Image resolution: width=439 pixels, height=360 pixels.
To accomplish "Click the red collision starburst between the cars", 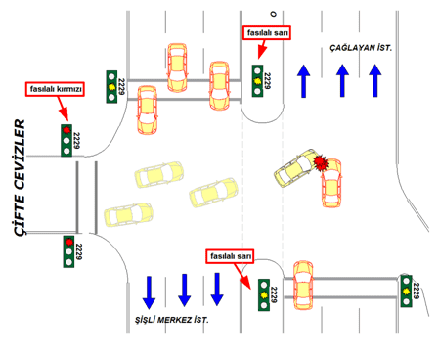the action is click(x=321, y=162).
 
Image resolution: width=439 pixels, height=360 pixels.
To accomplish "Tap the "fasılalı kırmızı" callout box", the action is click(x=55, y=89).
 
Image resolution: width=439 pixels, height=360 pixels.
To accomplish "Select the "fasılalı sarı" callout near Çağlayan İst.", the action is click(x=267, y=33).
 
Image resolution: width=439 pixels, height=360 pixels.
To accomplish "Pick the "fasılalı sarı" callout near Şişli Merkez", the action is click(x=230, y=256).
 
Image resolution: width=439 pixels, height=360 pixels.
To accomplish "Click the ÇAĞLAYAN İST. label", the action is click(x=361, y=48).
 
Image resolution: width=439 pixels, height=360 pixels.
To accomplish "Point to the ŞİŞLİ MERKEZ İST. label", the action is click(x=172, y=320).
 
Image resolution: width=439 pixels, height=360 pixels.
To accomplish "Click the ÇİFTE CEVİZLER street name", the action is click(x=20, y=178).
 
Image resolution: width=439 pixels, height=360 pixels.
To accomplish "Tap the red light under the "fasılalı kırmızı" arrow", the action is click(x=66, y=130).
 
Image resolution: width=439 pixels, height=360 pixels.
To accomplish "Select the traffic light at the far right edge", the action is click(x=406, y=292).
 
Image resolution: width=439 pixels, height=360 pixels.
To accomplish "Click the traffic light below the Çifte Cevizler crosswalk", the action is click(x=68, y=251).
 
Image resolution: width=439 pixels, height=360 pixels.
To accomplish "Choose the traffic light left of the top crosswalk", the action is click(x=111, y=87).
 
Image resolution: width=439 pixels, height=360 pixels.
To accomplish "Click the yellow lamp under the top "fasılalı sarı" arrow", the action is click(x=257, y=81).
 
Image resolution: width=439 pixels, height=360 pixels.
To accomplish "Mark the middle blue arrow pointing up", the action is click(x=342, y=80).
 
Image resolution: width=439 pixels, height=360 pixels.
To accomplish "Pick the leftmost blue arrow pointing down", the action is click(x=149, y=292).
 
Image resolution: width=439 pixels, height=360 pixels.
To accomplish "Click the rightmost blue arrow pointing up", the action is click(x=375, y=80).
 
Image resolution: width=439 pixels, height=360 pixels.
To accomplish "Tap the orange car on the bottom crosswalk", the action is click(x=303, y=286).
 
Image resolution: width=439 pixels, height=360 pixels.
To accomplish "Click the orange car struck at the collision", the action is click(x=331, y=183).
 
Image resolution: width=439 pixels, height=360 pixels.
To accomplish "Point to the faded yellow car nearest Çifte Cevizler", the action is click(x=128, y=215).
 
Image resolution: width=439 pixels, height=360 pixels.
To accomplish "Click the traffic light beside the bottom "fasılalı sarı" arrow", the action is click(x=264, y=294).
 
